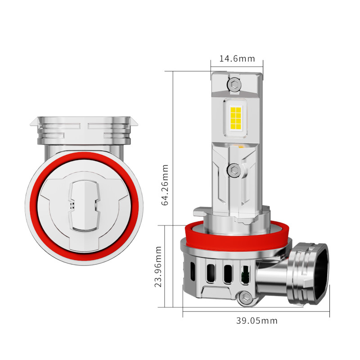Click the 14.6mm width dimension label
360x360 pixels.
[237, 58]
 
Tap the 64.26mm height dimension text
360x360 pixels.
[165, 184]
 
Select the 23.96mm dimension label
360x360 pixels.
[158, 266]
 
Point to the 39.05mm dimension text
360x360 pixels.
[257, 321]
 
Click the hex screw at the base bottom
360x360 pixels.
[245, 297]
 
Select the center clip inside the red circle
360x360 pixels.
[83, 205]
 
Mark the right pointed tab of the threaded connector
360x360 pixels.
[134, 121]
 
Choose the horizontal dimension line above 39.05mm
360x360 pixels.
[256, 311]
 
